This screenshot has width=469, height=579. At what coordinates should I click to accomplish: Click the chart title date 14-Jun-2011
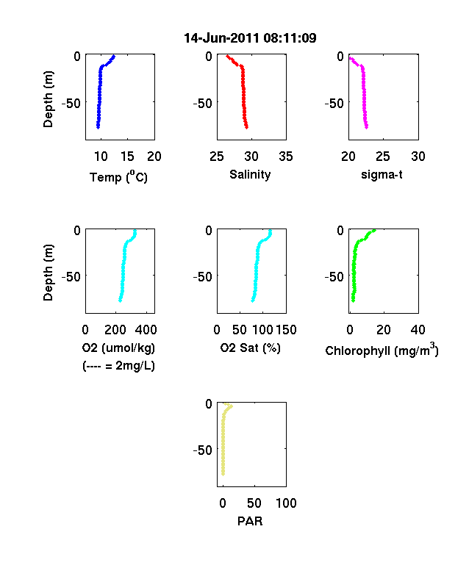(x=222, y=38)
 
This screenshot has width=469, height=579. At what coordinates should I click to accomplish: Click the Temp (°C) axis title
(x=118, y=177)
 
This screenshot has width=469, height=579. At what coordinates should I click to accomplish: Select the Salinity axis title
(x=250, y=174)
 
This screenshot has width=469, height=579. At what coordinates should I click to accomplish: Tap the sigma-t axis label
(x=382, y=174)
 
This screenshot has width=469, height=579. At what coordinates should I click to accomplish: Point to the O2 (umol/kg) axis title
(x=118, y=348)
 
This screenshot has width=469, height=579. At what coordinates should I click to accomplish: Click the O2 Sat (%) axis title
(x=251, y=348)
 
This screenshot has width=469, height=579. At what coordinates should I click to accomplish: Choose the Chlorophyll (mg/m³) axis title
(x=382, y=350)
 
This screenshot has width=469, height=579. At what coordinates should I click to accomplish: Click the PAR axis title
(x=250, y=521)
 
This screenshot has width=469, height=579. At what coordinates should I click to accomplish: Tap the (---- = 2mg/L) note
(x=118, y=366)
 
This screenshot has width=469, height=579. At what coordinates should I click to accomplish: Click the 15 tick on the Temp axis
(x=127, y=157)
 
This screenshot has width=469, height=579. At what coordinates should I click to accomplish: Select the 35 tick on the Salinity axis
(x=286, y=157)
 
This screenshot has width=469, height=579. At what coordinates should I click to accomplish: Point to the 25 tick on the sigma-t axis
(x=383, y=157)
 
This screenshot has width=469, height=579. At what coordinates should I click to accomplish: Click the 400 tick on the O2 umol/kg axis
(x=146, y=330)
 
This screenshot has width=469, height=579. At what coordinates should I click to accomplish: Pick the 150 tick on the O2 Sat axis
(x=286, y=330)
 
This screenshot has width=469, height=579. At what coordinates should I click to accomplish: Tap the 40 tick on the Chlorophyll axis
(x=418, y=330)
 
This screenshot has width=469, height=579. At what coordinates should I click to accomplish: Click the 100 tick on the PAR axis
(x=286, y=503)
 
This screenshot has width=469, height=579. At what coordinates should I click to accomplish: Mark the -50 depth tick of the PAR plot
(x=202, y=450)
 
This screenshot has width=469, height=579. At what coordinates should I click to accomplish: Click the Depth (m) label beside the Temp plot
(x=48, y=99)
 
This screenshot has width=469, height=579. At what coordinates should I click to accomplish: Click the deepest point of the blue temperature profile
(x=99, y=127)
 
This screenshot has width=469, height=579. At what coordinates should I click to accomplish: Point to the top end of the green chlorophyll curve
(x=374, y=231)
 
